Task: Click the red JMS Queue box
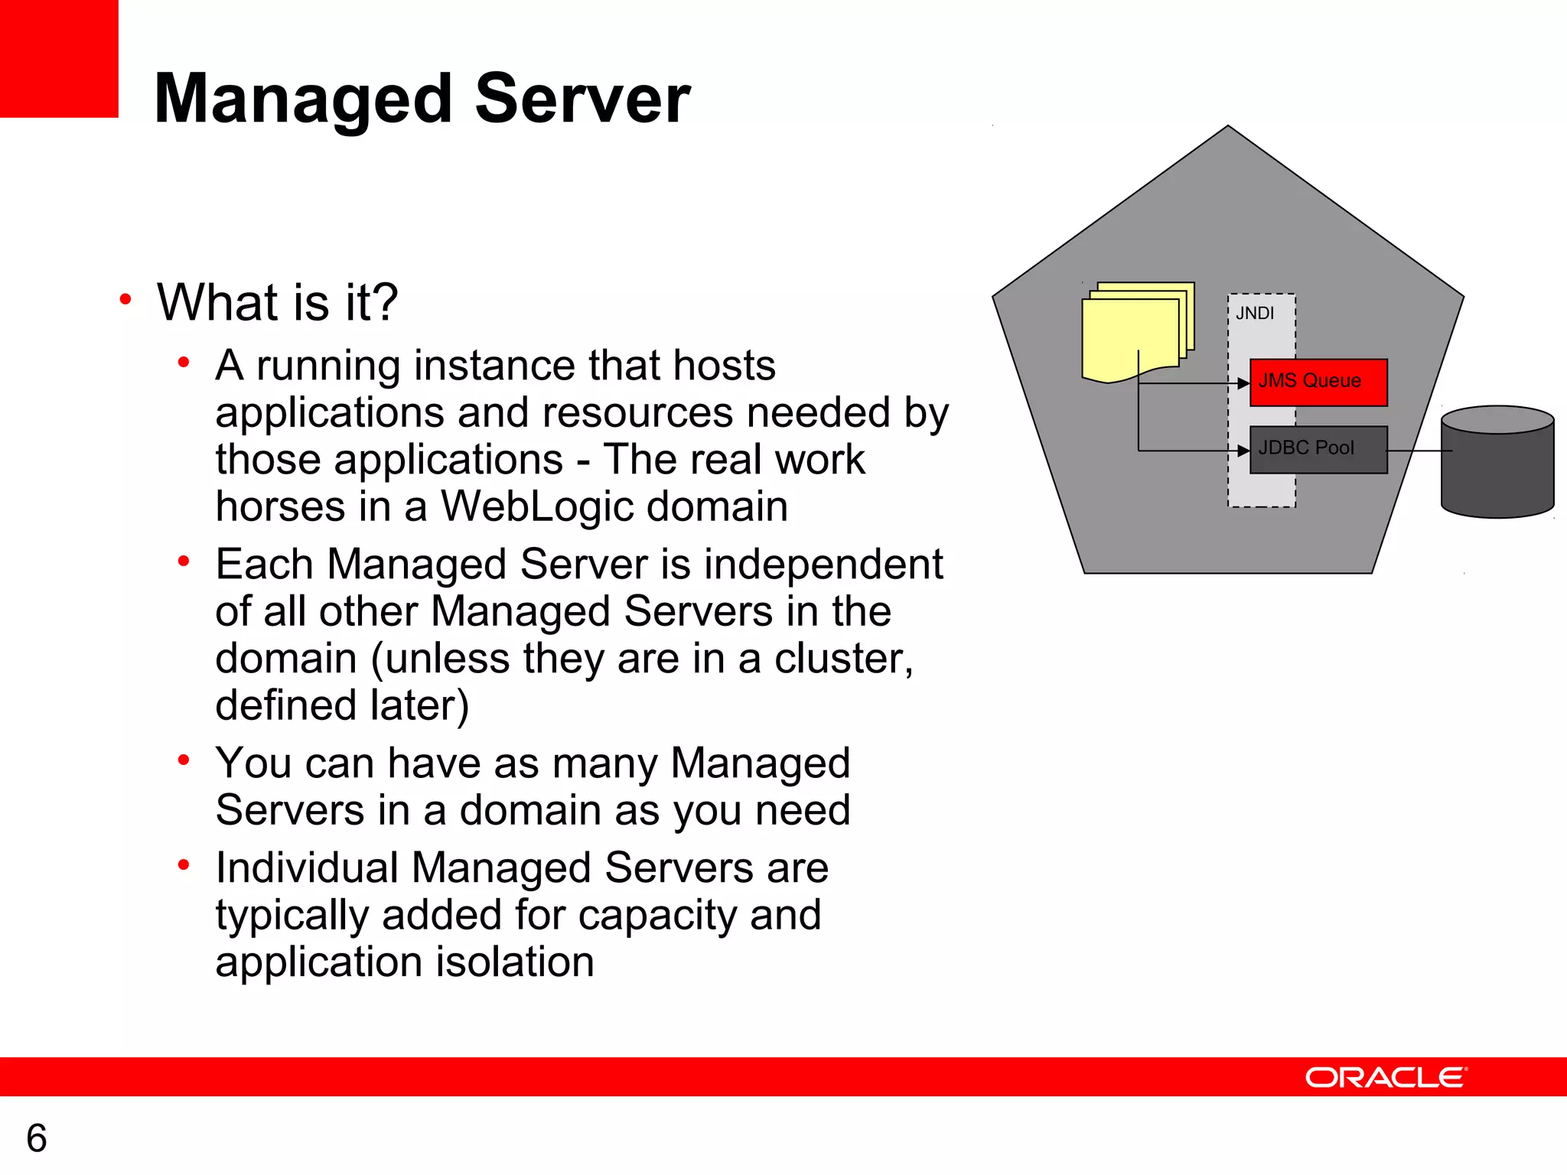pos(1318,382)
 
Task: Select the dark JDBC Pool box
pos(1318,450)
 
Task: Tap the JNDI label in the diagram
pos(1255,314)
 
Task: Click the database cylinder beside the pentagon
pos(1497,463)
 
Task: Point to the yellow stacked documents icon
pos(1135,332)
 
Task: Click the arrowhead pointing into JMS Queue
pos(1243,383)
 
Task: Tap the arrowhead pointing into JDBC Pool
pos(1243,451)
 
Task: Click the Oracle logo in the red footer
pos(1386,1077)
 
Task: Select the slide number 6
pos(37,1138)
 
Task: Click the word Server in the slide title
pos(582,99)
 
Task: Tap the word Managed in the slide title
pos(304,99)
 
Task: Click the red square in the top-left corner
pos(59,58)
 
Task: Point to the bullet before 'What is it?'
pos(125,299)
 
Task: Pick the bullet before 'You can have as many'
pos(184,760)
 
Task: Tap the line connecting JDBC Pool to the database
pos(1419,451)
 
